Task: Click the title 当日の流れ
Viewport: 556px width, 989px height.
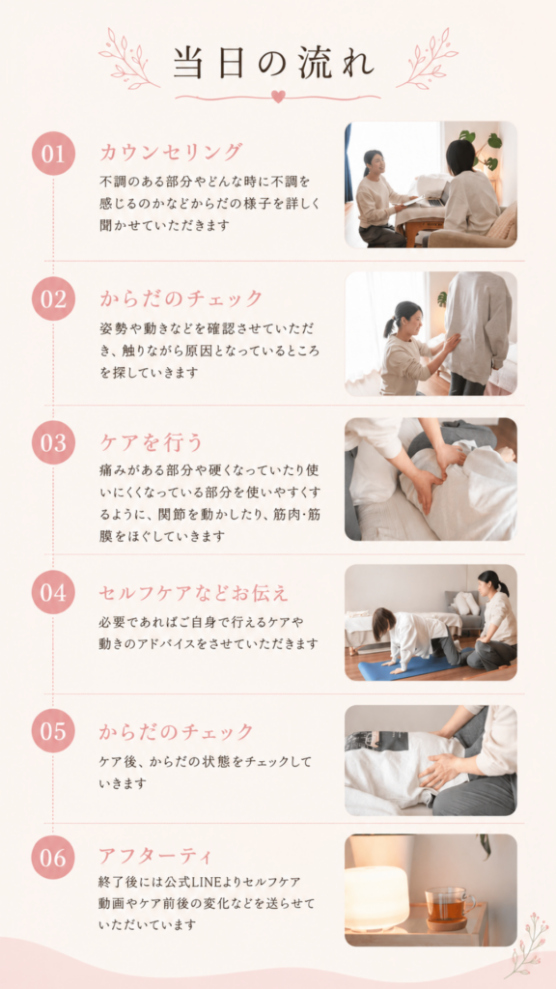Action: pyautogui.click(x=274, y=63)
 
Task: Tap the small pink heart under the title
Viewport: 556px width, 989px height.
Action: pyautogui.click(x=277, y=96)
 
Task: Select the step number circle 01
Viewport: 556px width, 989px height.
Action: pyautogui.click(x=54, y=154)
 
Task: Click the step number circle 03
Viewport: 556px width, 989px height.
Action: pyautogui.click(x=54, y=442)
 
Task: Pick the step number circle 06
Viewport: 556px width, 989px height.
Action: pyautogui.click(x=54, y=858)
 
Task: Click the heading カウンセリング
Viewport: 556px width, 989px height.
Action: pyautogui.click(x=171, y=152)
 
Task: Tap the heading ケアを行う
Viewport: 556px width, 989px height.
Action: pyautogui.click(x=152, y=442)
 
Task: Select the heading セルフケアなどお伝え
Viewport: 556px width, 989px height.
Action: pyautogui.click(x=193, y=593)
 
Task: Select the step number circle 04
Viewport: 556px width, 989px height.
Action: pyautogui.click(x=54, y=593)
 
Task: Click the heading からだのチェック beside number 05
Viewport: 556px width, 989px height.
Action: pyautogui.click(x=176, y=732)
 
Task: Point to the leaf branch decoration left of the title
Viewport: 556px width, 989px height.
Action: pyautogui.click(x=129, y=59)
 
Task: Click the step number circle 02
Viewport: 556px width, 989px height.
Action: pyautogui.click(x=54, y=298)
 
